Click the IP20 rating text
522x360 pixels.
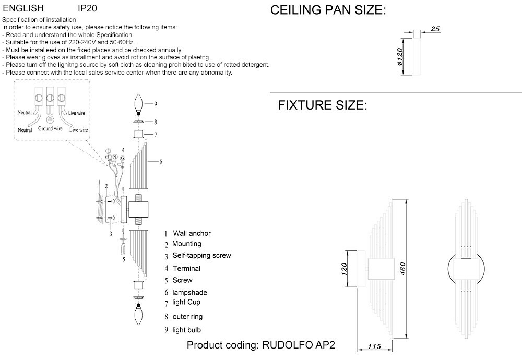click(87, 9)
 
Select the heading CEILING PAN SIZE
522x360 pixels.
click(328, 11)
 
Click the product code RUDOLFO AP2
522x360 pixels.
click(298, 345)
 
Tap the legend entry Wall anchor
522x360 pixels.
click(192, 233)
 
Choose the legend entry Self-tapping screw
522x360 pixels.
click(201, 256)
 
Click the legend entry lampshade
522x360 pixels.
click(189, 293)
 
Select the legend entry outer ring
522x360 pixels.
click(187, 317)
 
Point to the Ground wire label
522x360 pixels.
click(51, 128)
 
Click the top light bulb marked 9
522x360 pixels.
click(139, 104)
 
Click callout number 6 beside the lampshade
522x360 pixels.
click(161, 162)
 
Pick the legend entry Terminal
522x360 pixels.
click(186, 268)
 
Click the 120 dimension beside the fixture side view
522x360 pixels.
click(345, 269)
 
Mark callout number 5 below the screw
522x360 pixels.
click(123, 259)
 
